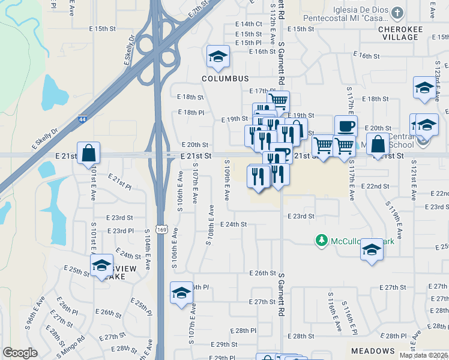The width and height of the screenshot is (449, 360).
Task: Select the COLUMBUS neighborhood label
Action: point(225,79)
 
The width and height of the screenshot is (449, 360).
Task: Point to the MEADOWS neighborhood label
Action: point(373,351)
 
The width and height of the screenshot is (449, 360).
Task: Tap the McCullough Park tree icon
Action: point(321,241)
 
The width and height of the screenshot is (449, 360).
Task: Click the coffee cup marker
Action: point(346,127)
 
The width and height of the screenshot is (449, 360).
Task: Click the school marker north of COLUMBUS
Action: point(217,56)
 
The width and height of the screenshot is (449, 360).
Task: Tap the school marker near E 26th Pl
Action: point(181,292)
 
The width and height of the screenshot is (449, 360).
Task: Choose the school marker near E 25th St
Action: point(102,265)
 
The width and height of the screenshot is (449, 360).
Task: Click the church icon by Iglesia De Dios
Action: point(397,13)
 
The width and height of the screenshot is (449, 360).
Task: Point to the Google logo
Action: point(20,353)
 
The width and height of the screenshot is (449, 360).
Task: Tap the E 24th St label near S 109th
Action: point(234,224)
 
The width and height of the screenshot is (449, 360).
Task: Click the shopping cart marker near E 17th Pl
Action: point(278,101)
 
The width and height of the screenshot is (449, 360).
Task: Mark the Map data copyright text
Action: point(423,355)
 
